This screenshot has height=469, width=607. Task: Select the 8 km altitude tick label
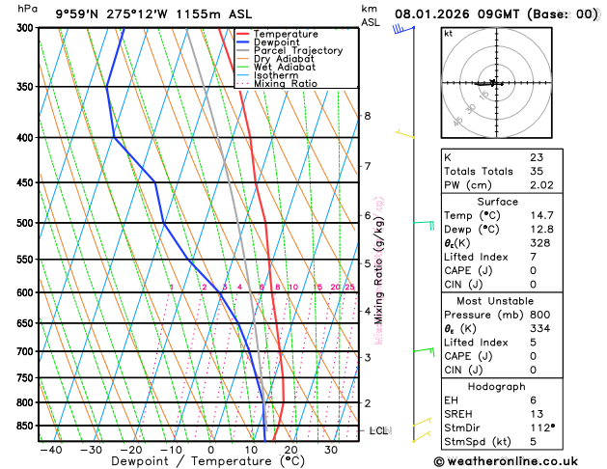point(367,116)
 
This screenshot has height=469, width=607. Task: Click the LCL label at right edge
point(378,430)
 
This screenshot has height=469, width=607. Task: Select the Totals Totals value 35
point(537,171)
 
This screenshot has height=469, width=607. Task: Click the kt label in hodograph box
point(448,34)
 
